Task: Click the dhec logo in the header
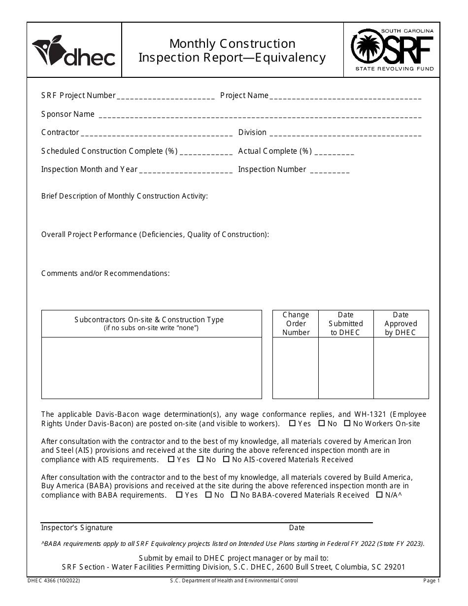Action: pos(74,50)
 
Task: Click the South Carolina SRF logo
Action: pos(392,50)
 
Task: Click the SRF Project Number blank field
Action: pos(166,97)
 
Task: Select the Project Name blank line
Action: pos(345,97)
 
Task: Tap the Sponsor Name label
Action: pos(68,114)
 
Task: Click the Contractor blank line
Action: pos(157,134)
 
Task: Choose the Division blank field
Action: pos(345,134)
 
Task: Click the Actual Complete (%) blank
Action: pos(334,152)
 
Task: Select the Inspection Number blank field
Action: pos(330,170)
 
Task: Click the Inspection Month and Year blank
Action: pos(186,170)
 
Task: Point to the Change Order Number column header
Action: pos(296,324)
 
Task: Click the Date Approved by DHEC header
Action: pos(401,324)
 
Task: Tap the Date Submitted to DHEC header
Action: pos(345,324)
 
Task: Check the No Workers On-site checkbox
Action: pos(347,423)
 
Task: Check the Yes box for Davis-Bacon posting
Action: pos(292,423)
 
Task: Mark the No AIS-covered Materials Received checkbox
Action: pos(226,459)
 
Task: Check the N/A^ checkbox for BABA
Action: pos(379,495)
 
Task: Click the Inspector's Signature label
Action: pos(77,528)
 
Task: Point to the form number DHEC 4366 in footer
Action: pos(54,581)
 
